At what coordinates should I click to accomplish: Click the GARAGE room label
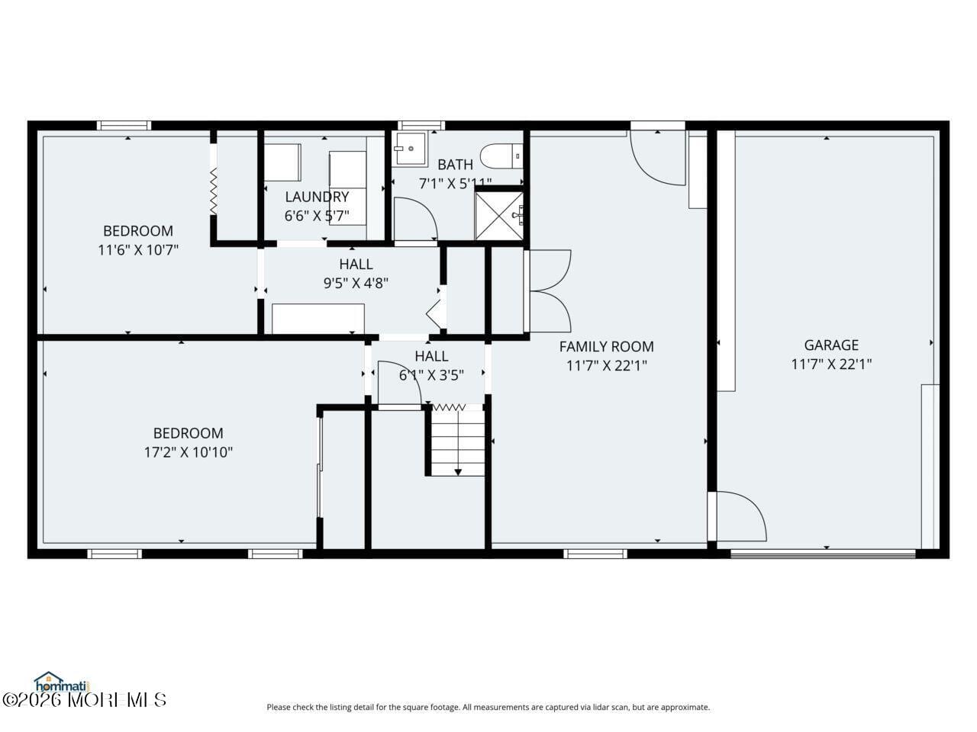click(x=830, y=345)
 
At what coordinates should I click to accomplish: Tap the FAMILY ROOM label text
click(x=606, y=347)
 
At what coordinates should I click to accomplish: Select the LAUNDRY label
click(x=317, y=197)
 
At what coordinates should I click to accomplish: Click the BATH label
click(x=455, y=165)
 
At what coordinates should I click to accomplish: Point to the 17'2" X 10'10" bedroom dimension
click(x=188, y=452)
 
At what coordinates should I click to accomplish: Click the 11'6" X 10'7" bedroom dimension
click(x=138, y=249)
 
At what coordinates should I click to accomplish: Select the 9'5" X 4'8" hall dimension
click(x=356, y=284)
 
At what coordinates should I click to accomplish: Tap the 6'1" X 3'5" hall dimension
click(x=431, y=375)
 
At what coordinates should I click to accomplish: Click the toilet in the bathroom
click(x=505, y=156)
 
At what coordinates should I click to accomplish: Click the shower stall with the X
click(x=499, y=216)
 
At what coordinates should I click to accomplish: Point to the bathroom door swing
click(x=414, y=219)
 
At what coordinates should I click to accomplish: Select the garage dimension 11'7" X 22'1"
click(x=830, y=364)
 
